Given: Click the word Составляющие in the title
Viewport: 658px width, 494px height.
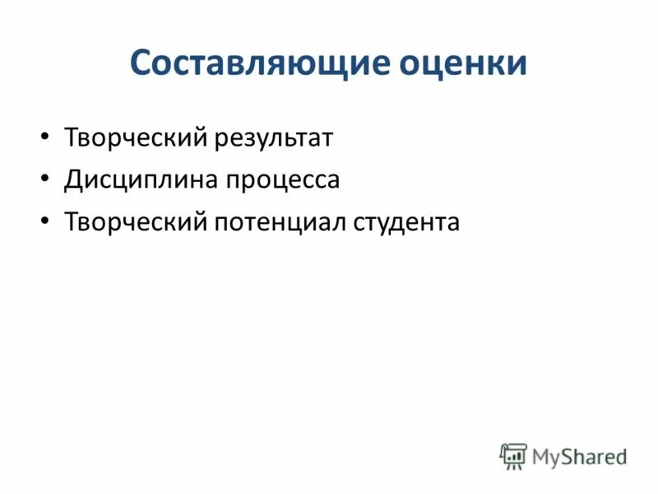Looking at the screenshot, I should (x=260, y=63).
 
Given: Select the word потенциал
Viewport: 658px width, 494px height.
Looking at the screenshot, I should (x=280, y=222).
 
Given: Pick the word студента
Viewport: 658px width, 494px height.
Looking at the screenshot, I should (x=407, y=222).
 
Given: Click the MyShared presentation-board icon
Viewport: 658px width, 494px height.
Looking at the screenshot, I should (x=513, y=456).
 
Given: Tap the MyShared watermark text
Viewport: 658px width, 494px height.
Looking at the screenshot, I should (x=579, y=456).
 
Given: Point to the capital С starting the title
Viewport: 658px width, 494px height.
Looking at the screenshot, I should (x=141, y=63).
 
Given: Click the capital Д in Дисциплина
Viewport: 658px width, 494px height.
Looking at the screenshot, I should (x=73, y=180).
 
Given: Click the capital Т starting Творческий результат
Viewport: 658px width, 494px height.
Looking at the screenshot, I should (x=72, y=137).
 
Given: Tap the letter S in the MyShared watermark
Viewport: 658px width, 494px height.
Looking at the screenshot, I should (x=568, y=456).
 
